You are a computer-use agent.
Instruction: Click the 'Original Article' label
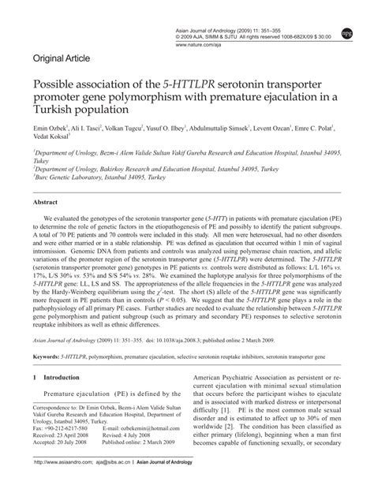point(62,58)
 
